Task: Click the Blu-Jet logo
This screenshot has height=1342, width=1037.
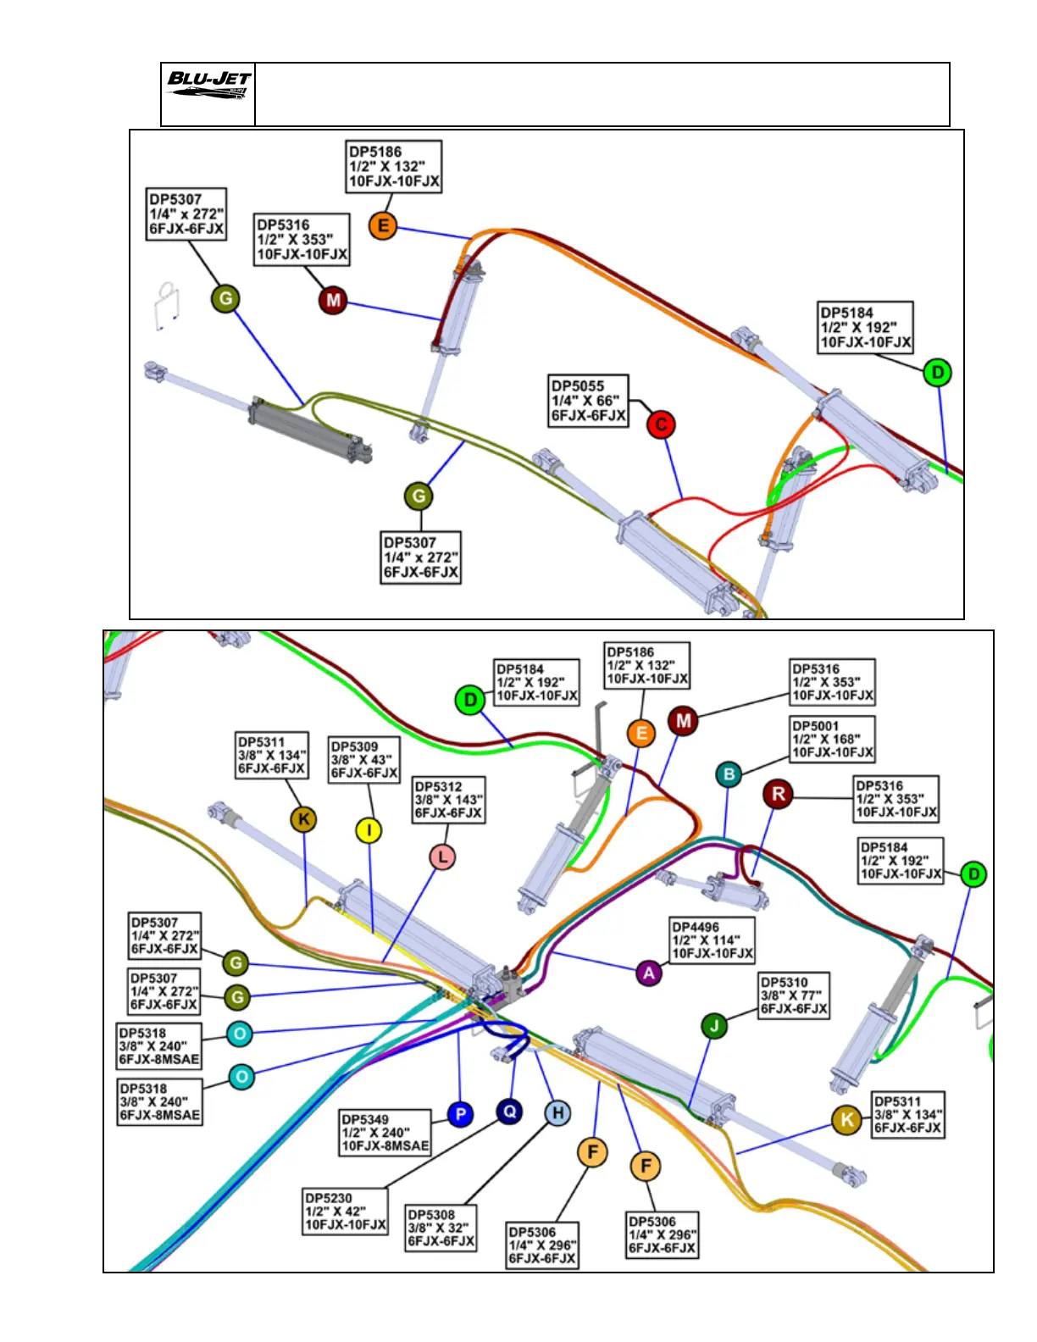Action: [208, 85]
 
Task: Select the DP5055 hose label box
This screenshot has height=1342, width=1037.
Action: [589, 401]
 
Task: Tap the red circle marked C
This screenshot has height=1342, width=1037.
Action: [661, 424]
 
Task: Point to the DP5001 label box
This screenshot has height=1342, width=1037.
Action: [832, 739]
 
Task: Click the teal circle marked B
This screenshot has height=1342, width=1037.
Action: [729, 774]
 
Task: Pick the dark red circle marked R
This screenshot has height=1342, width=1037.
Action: [778, 794]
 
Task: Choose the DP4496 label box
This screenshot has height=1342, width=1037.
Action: [712, 940]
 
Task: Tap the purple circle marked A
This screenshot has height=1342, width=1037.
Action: [649, 973]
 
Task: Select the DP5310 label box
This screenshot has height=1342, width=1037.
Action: [793, 995]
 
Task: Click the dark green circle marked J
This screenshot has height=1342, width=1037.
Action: [714, 1026]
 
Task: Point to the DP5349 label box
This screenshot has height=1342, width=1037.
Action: [385, 1133]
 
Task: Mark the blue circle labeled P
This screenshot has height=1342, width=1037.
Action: [460, 1114]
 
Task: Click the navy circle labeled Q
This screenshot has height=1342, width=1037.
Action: [509, 1111]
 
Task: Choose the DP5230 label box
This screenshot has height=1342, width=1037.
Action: [346, 1212]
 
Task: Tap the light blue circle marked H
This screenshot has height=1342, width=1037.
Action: [557, 1113]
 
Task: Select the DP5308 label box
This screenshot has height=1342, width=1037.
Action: [441, 1228]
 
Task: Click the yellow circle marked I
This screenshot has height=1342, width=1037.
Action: [368, 830]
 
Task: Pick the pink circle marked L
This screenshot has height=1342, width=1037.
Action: [442, 857]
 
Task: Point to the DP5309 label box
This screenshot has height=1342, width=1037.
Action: [363, 760]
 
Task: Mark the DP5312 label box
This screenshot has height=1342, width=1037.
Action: [448, 800]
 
